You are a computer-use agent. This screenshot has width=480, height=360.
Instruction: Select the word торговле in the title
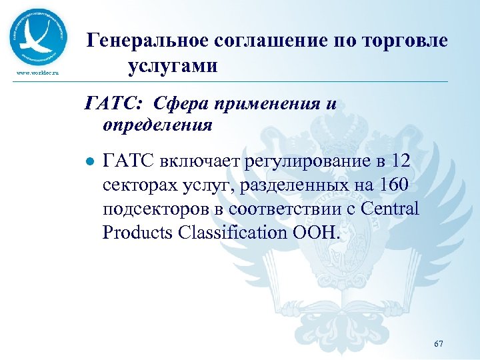(405, 41)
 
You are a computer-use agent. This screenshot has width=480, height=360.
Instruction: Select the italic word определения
(157, 125)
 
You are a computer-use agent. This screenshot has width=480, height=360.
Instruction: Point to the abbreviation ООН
(320, 233)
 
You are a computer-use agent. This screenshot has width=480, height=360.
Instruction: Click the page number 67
(438, 343)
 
